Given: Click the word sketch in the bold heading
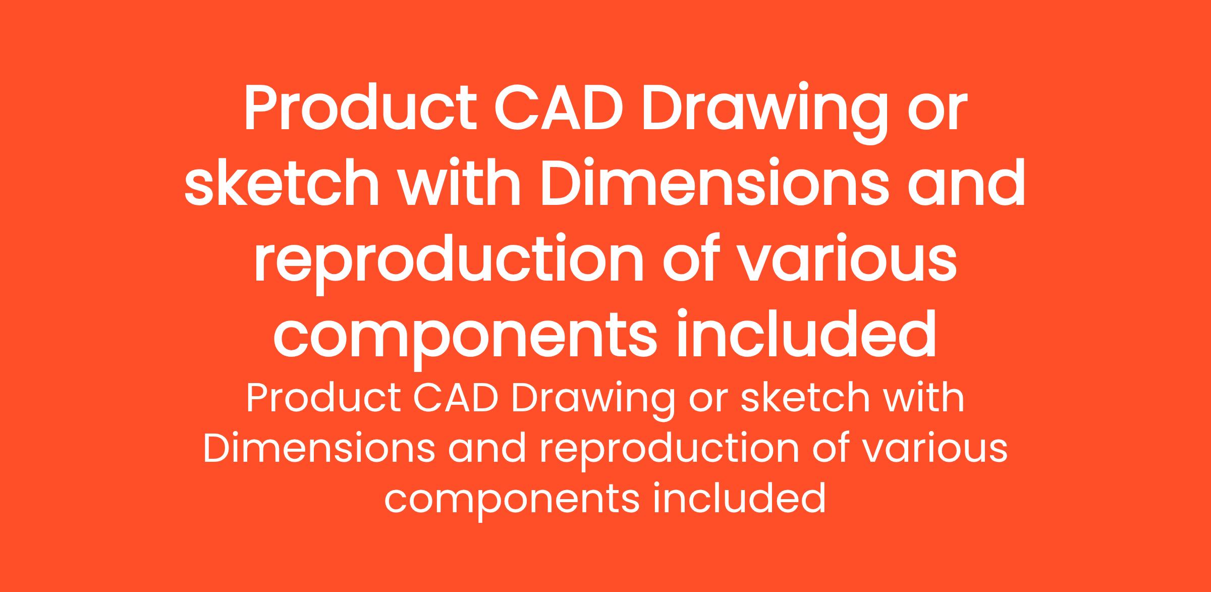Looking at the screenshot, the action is (282, 184).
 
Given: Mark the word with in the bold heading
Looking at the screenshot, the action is (460, 184).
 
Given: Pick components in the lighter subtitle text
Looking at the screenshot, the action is (512, 503).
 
